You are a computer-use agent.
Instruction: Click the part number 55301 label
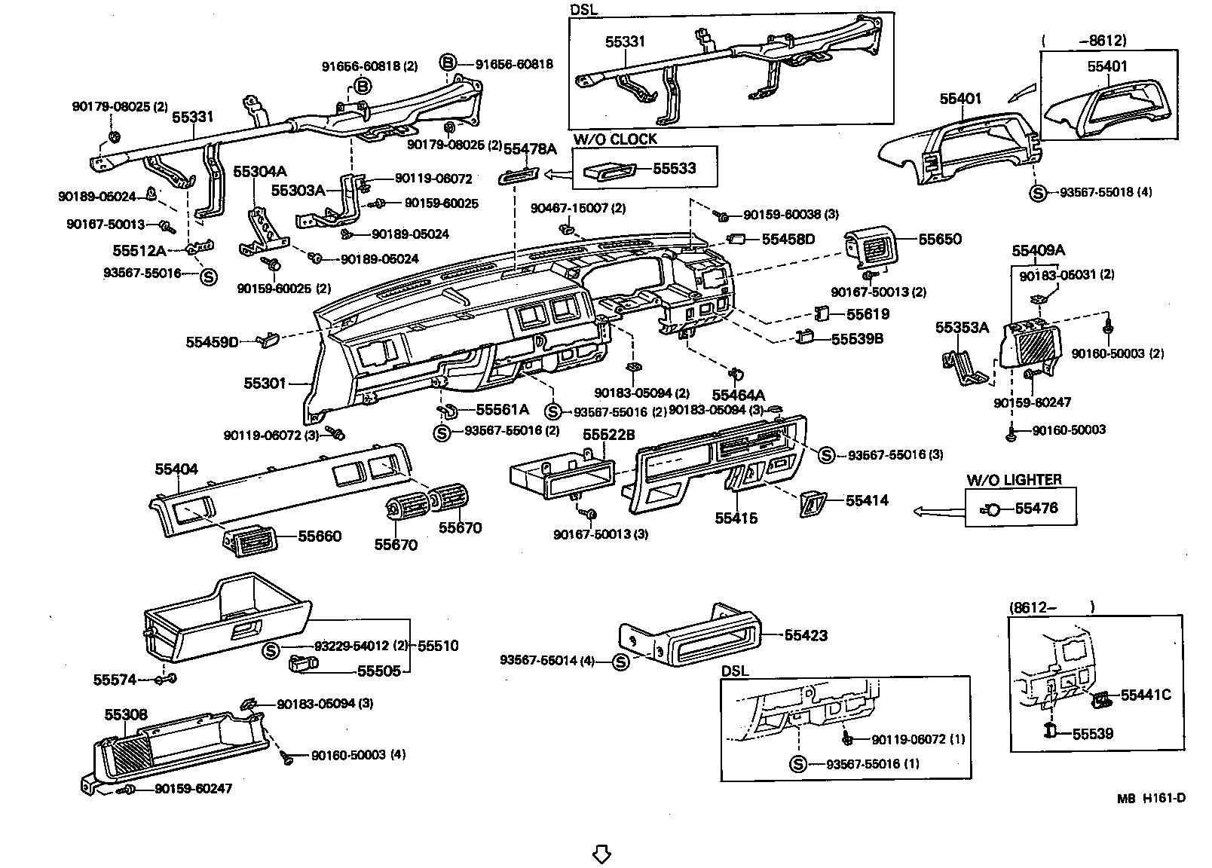[265, 384]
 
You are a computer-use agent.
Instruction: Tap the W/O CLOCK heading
[614, 139]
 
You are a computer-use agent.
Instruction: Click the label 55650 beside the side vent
[939, 240]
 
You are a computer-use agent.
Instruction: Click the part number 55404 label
[176, 469]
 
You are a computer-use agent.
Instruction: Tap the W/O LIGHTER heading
[1014, 480]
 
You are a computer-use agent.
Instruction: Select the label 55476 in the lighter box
[1036, 509]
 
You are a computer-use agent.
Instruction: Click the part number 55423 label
[806, 635]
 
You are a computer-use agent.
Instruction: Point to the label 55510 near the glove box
[438, 646]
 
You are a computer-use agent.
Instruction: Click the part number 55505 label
[378, 671]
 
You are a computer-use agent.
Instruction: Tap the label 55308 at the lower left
[126, 714]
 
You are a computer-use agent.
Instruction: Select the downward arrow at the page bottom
[601, 854]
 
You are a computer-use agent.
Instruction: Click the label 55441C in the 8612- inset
[1145, 695]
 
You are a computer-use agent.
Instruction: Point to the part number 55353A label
[962, 328]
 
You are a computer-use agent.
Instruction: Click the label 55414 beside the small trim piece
[867, 500]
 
